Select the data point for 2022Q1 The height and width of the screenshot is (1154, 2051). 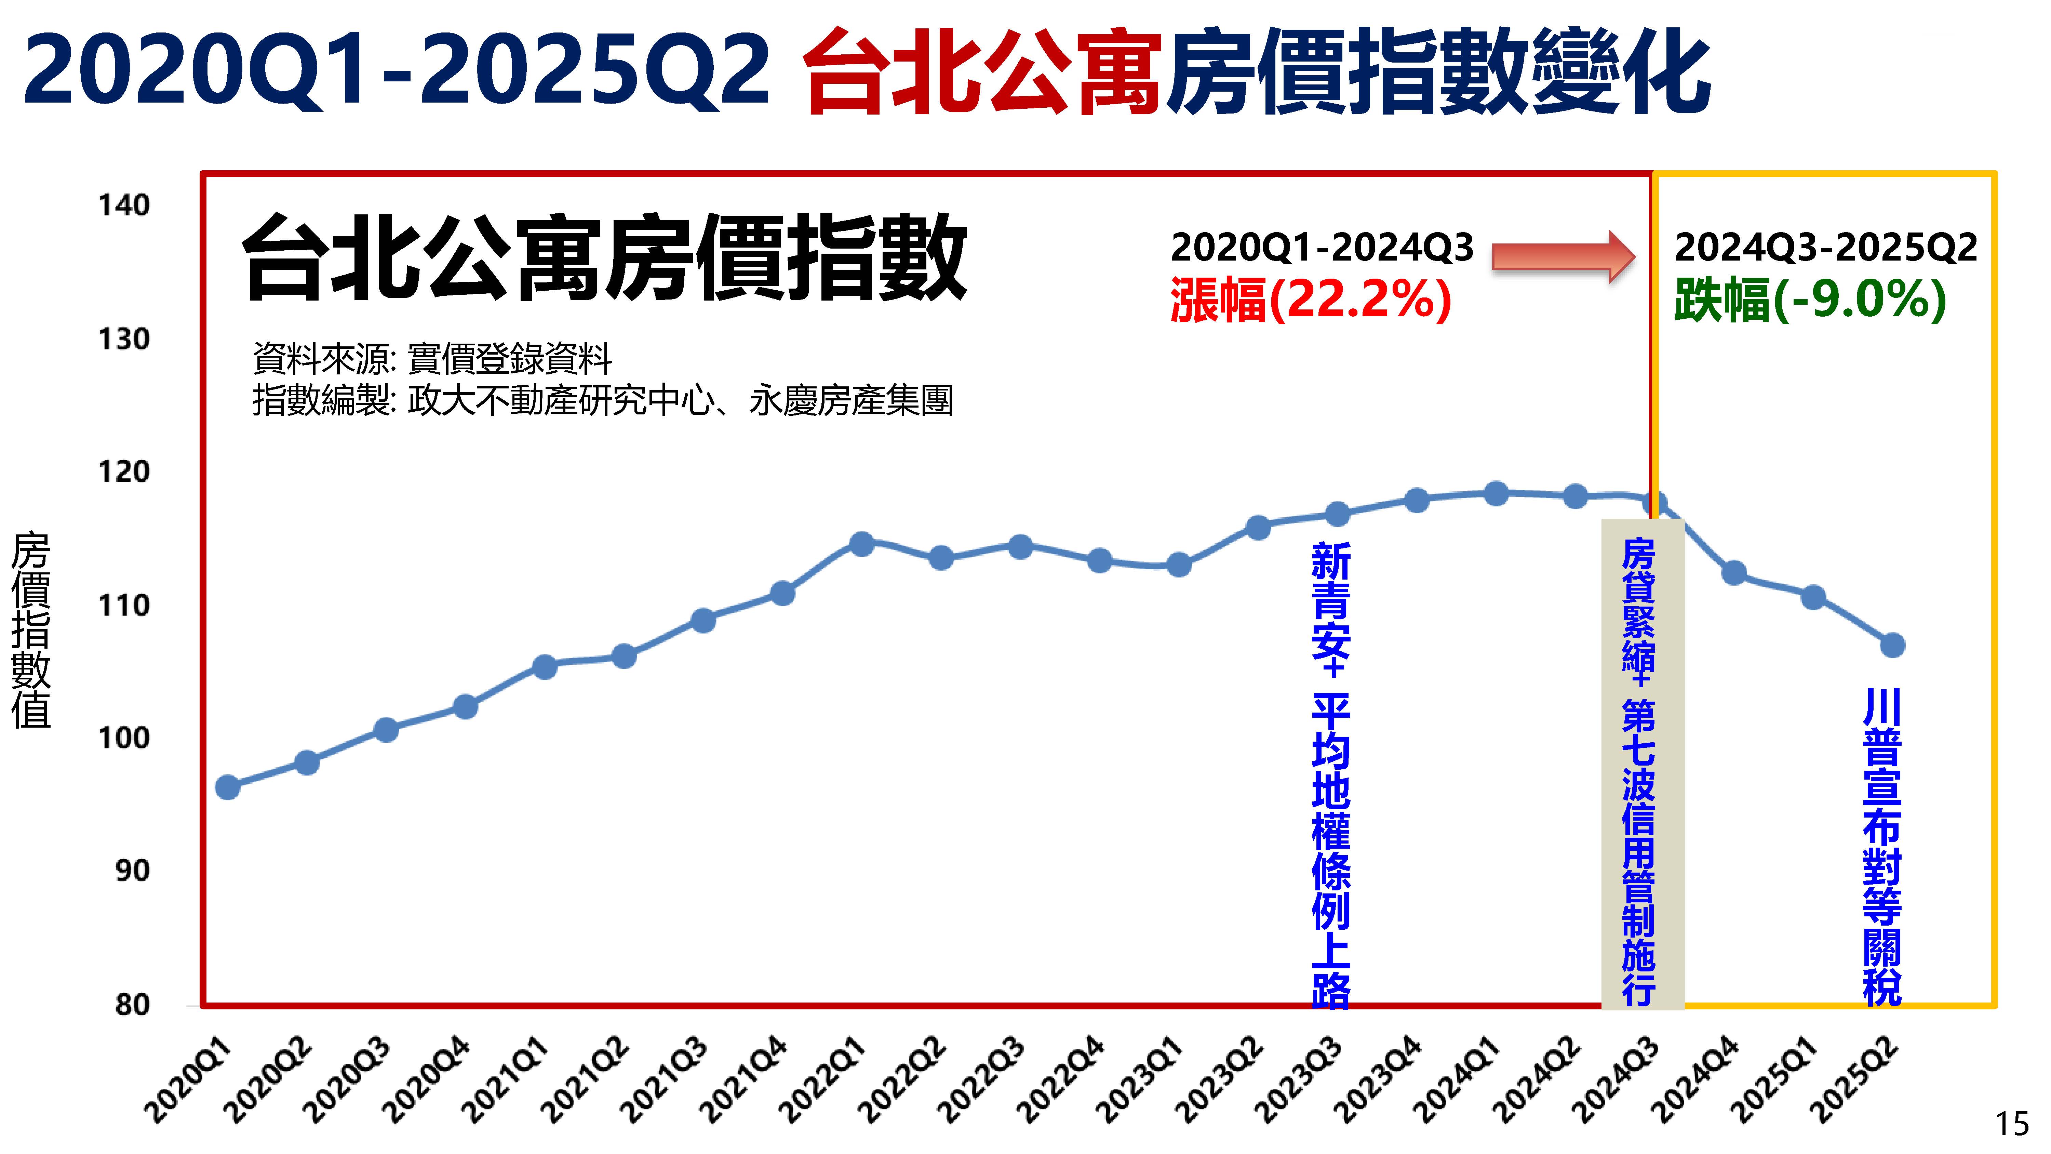[x=861, y=544]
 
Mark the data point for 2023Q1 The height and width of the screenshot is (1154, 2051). [x=1178, y=565]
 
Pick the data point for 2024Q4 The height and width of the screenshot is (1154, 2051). [x=1734, y=573]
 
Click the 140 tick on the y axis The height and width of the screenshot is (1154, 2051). [x=123, y=205]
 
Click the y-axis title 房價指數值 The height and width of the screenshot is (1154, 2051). [x=32, y=629]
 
